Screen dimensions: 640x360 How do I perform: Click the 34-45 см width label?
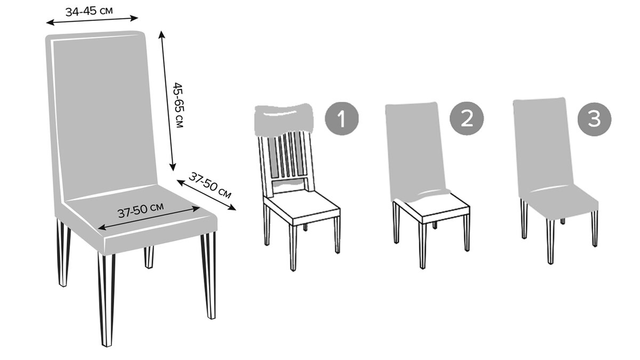pyautogui.click(x=89, y=11)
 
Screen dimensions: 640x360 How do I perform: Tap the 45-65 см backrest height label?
pyautogui.click(x=178, y=105)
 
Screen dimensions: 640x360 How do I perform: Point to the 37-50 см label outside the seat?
pyautogui.click(x=210, y=185)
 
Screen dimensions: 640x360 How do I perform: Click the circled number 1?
pyautogui.click(x=342, y=118)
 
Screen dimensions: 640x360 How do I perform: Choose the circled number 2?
pyautogui.click(x=467, y=118)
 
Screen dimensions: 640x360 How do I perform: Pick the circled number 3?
pyautogui.click(x=594, y=119)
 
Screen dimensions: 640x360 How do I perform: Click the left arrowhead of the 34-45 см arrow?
pyautogui.click(x=50, y=22)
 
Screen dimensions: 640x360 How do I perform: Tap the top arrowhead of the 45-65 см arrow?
pyautogui.click(x=162, y=34)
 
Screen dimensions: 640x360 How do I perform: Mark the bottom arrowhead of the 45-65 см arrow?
pyautogui.click(x=173, y=167)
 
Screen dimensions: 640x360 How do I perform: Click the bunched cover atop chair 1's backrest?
pyautogui.click(x=284, y=119)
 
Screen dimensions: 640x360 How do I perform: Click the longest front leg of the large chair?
pyautogui.click(x=107, y=299)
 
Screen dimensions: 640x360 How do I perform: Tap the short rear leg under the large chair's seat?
pyautogui.click(x=149, y=257)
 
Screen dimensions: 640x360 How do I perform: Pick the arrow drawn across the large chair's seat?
pyautogui.click(x=149, y=218)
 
